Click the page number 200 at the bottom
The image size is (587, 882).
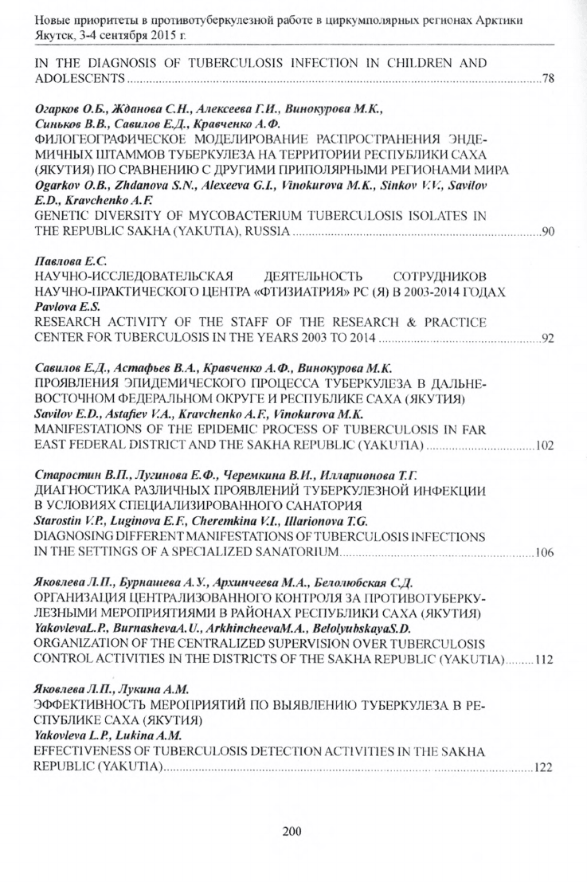292,832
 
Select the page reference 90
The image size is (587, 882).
547,232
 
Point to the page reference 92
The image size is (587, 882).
547,339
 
